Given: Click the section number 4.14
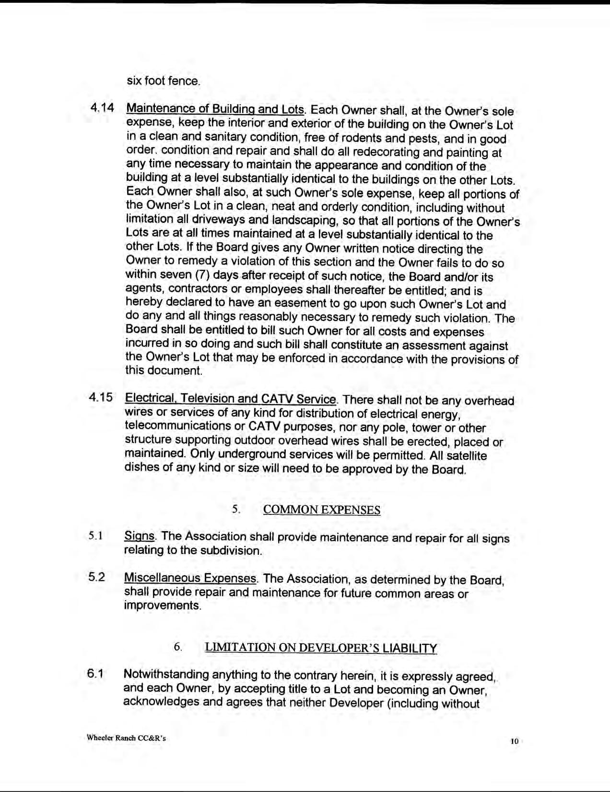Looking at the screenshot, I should click(102, 108).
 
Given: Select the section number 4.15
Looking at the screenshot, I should click(101, 398).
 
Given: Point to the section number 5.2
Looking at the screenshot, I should click(96, 577).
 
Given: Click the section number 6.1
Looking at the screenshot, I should click(95, 673).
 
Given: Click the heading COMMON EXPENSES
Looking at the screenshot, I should click(322, 510).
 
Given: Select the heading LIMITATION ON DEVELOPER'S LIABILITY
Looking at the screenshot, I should click(321, 648).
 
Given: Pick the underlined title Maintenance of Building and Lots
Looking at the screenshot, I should click(215, 109).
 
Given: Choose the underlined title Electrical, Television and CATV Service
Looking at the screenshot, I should click(230, 399).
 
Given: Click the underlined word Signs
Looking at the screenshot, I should click(139, 536).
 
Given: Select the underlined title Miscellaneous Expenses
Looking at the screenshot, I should click(190, 578).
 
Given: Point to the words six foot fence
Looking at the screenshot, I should click(163, 81).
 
